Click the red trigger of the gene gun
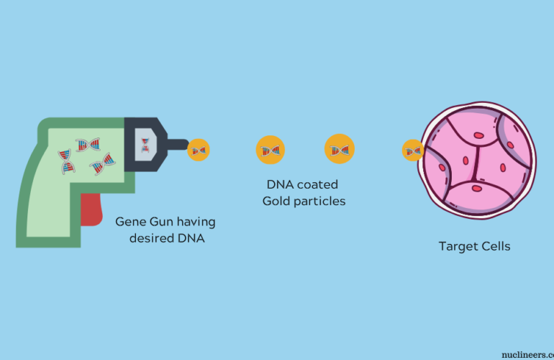coord(92,208)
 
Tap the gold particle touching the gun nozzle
coord(199,150)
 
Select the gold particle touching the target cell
coord(412,150)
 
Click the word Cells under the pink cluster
coord(496,246)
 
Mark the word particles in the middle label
coord(322,202)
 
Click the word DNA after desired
coord(191,238)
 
